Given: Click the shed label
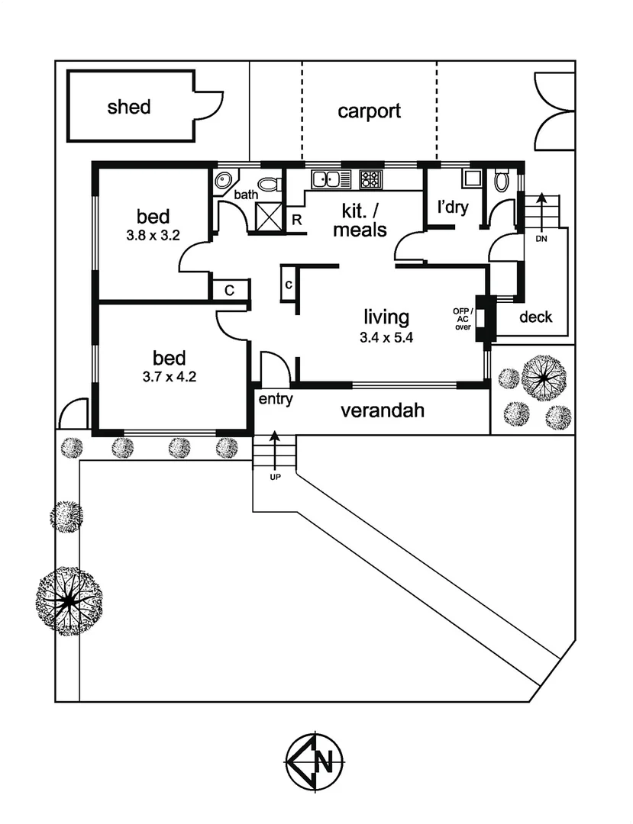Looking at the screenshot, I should click(128, 107).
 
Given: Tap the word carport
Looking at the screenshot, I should click(369, 111).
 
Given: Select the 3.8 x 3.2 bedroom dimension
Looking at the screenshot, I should click(153, 235).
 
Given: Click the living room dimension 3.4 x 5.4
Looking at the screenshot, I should click(386, 340).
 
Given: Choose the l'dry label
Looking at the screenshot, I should click(451, 208).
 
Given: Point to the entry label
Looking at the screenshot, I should click(276, 399).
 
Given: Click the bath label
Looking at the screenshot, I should click(246, 195).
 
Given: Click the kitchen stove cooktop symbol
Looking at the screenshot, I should click(370, 179).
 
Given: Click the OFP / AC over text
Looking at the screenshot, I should click(463, 318).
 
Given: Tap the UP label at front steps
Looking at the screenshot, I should click(273, 477).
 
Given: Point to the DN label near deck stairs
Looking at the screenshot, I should click(541, 238).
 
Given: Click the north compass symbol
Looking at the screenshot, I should click(315, 761).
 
